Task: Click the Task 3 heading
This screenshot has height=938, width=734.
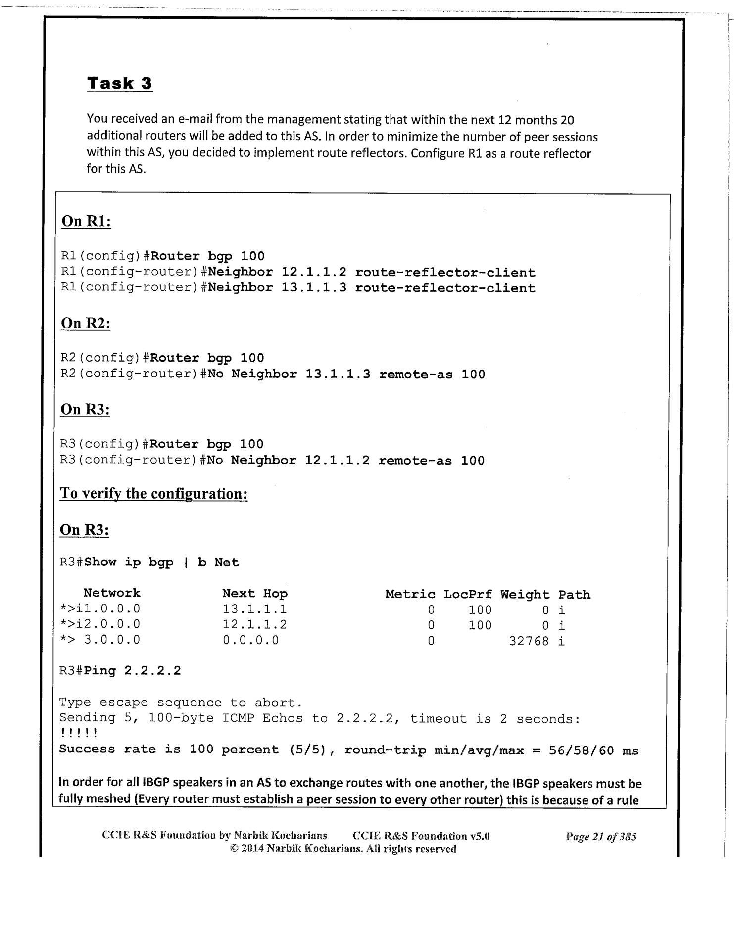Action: [119, 83]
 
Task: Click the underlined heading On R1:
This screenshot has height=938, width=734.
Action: [86, 221]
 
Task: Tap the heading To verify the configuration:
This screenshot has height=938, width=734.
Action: [153, 494]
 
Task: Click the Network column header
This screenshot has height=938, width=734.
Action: [112, 593]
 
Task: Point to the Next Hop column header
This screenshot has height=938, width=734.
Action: [254, 593]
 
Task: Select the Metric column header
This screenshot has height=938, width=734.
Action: [410, 594]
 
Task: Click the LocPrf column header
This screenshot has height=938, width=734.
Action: [468, 594]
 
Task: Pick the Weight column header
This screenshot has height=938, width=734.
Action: [525, 594]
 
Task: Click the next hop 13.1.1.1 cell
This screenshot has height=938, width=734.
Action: [254, 609]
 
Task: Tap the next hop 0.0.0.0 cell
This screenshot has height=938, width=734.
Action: [250, 640]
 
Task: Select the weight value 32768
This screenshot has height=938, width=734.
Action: [529, 641]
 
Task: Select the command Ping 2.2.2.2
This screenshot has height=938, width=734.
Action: [132, 671]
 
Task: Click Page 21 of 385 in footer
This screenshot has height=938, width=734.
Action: [601, 836]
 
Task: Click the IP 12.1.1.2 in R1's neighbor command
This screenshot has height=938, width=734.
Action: [314, 273]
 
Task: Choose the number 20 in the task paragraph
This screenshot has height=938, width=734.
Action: [568, 120]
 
